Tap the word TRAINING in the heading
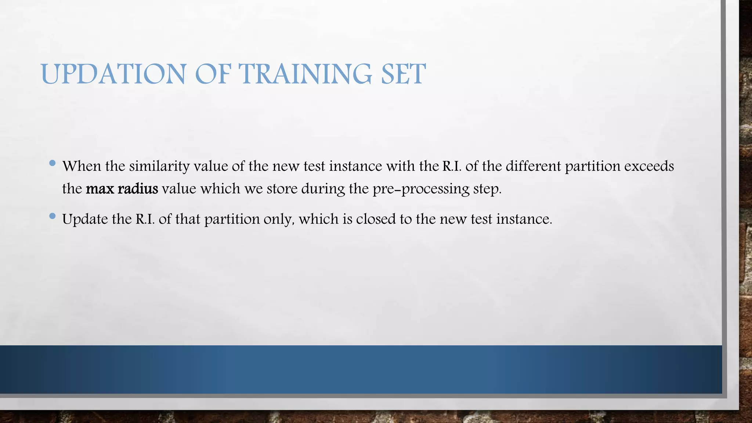[x=305, y=74]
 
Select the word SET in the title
[x=403, y=74]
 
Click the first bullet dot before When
[x=52, y=163]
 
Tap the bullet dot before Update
[x=52, y=216]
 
